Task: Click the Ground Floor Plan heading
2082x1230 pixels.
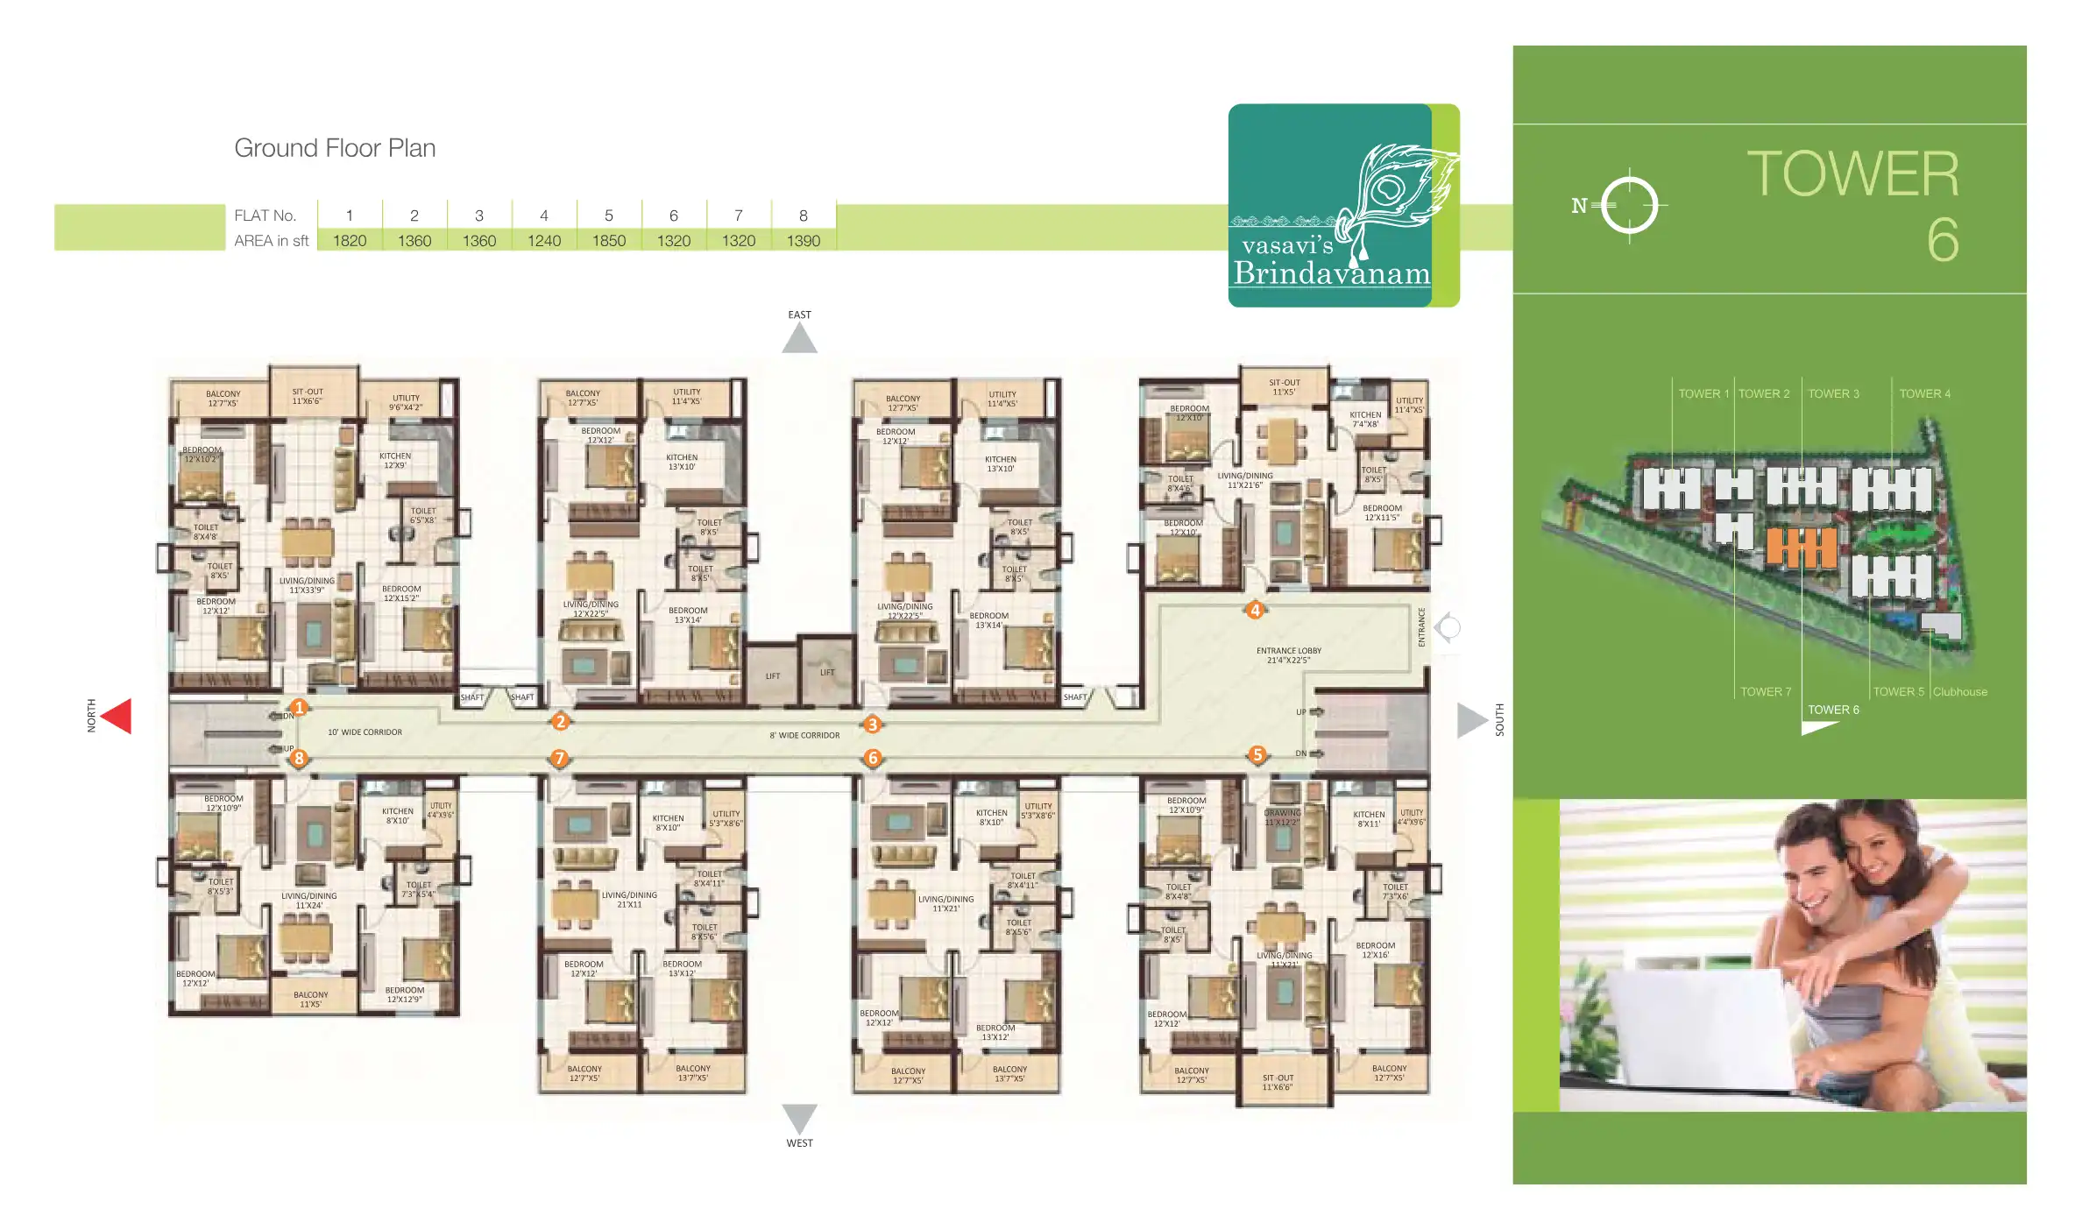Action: point(335,148)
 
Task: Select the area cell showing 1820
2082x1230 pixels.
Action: point(350,241)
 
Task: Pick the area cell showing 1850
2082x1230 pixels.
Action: point(609,241)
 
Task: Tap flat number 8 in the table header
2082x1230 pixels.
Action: point(804,216)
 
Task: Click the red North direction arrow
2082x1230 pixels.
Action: point(117,716)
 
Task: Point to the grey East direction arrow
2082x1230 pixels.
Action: point(799,339)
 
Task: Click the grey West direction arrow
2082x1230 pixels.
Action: point(799,1118)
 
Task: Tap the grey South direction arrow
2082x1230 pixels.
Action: point(1471,720)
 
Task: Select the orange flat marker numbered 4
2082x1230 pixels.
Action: point(1255,610)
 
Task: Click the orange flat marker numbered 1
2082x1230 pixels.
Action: point(299,707)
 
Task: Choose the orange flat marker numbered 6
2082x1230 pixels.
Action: point(872,758)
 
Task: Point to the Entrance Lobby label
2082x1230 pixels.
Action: point(1288,655)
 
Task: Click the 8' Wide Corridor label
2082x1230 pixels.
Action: point(804,736)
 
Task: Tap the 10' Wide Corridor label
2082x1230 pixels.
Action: point(365,732)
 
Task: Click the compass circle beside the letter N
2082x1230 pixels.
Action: point(1629,207)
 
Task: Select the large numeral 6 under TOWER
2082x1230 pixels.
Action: point(1942,240)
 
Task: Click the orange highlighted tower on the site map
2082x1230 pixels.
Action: point(1801,548)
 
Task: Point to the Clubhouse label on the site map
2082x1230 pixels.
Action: point(1960,692)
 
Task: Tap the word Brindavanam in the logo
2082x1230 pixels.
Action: point(1332,274)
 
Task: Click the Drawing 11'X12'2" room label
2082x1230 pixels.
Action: point(1283,817)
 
